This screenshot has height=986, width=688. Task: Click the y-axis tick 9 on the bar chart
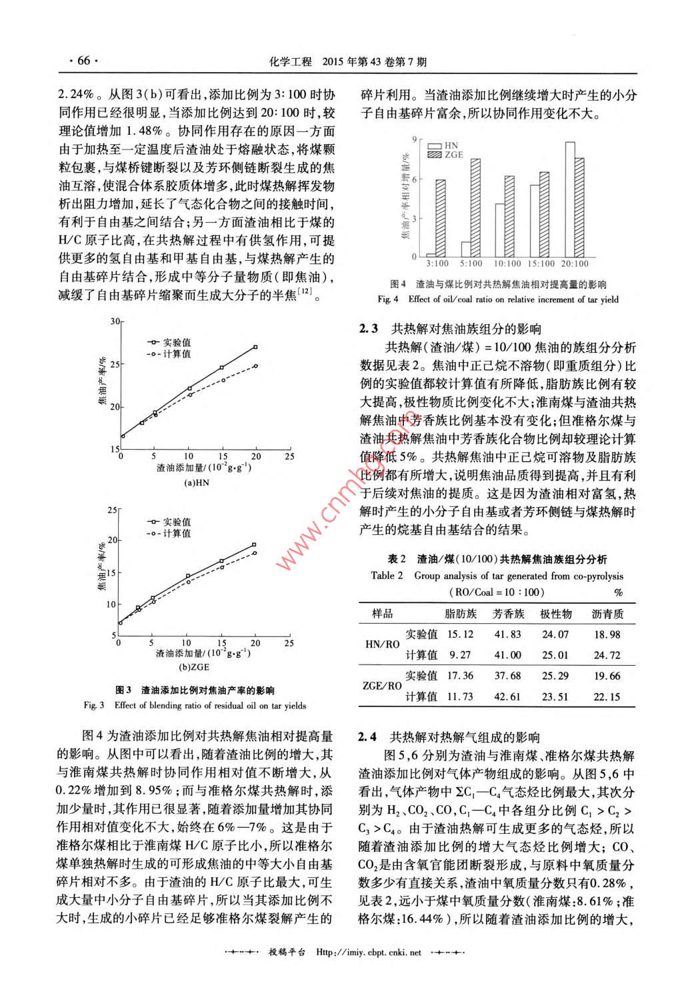coord(415,139)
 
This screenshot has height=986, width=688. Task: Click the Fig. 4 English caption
coord(497,300)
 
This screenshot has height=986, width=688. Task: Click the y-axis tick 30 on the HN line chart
coord(115,322)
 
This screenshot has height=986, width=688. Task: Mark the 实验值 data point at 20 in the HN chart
coord(255,347)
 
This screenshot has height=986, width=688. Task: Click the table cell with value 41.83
coord(507,634)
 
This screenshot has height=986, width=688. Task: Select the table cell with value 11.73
coord(460,696)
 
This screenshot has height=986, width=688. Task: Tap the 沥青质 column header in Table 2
coord(607,614)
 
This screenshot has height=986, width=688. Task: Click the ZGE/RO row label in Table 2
coord(381,686)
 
